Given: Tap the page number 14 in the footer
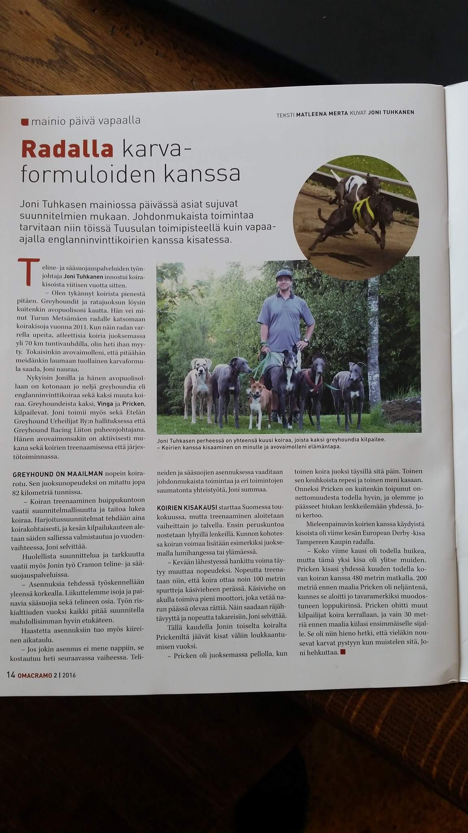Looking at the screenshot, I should coord(11,675).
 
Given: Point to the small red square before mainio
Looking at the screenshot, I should coord(25,121).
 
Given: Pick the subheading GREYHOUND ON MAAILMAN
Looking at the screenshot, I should coord(58,474).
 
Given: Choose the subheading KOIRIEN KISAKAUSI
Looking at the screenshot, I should coord(187,508).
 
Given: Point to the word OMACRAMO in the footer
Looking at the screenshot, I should coord(35,675).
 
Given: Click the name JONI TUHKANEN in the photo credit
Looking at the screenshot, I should coord(390,113).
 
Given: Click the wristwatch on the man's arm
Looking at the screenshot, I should coord(305,340).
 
